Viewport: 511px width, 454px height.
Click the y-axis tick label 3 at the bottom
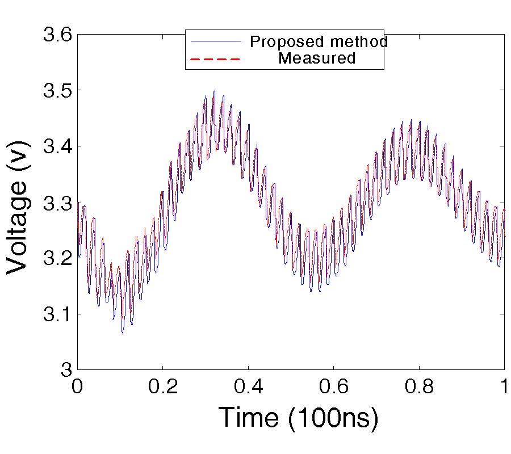66,369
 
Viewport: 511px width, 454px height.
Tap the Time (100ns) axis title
298,418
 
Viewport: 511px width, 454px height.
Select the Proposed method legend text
319,42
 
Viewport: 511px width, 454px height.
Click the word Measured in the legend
317,58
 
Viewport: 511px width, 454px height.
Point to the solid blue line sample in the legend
216,42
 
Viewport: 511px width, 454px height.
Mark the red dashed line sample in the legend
216,58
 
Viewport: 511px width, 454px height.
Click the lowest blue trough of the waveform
122,333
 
